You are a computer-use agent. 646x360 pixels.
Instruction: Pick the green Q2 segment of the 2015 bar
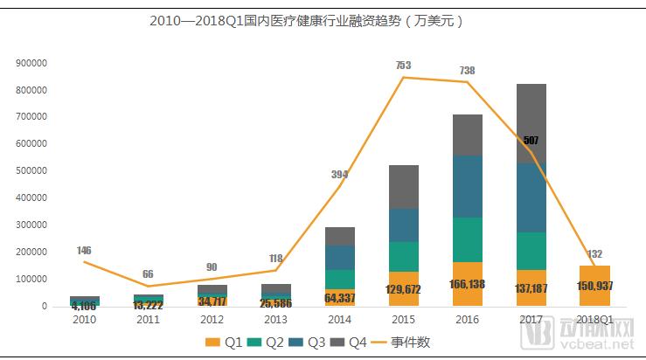403,256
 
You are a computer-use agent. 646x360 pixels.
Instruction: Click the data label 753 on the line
403,65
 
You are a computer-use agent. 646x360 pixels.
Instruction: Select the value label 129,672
403,289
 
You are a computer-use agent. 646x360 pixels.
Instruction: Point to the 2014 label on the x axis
340,320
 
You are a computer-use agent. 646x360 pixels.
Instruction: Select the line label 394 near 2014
340,174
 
